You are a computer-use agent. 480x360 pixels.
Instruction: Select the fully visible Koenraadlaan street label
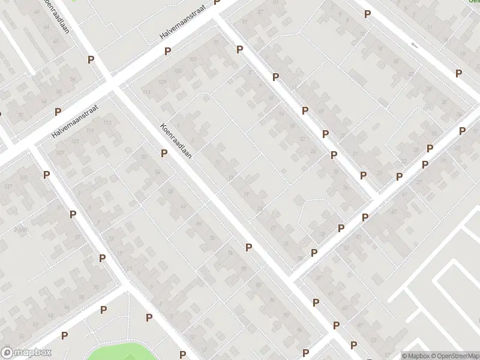coord(175,142)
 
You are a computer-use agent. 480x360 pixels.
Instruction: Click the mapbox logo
coord(26,353)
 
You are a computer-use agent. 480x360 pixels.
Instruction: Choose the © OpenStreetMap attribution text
coord(454,356)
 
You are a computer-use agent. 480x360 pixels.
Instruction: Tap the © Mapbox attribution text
coord(416,356)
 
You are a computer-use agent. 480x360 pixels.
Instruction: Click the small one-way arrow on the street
coord(413,45)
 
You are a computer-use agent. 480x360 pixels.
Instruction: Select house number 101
coord(193,59)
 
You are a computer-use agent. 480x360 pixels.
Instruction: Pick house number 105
coord(178,71)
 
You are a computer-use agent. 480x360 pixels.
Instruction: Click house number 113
coord(147,92)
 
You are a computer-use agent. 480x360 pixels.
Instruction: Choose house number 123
coord(75,142)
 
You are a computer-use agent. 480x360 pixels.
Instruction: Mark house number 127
coord(60,152)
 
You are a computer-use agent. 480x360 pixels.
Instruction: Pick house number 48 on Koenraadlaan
coord(56,41)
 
